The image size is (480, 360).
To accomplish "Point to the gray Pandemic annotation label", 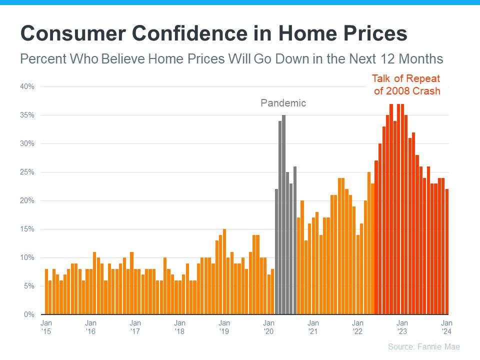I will (x=283, y=103).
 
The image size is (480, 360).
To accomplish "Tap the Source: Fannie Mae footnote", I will (x=423, y=346).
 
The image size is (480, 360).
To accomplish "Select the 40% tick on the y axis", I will (x=27, y=86).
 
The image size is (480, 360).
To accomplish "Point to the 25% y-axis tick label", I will (x=27, y=172).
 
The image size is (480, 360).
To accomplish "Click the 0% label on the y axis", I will (x=29, y=314).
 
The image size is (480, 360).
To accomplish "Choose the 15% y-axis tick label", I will (x=27, y=229).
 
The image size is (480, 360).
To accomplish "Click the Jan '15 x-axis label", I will (x=46, y=327).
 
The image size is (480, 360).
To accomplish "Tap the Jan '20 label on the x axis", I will (x=269, y=327).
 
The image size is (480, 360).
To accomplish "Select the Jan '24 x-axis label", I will (x=446, y=327).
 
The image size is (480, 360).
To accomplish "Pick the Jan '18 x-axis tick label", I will (x=180, y=327).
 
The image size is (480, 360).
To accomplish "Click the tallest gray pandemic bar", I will (x=283, y=215).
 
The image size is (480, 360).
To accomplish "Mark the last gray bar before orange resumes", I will (x=294, y=240).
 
